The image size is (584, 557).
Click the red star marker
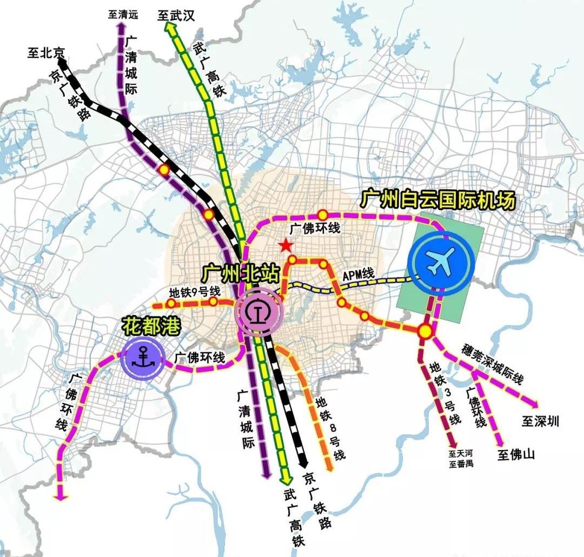click(286, 246)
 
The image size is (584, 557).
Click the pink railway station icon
click(258, 312)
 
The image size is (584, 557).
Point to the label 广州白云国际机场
click(439, 199)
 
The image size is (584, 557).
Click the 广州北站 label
click(241, 273)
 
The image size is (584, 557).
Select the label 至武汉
click(176, 15)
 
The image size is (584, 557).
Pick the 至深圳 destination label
click(541, 421)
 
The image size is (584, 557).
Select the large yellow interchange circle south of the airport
click(426, 330)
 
